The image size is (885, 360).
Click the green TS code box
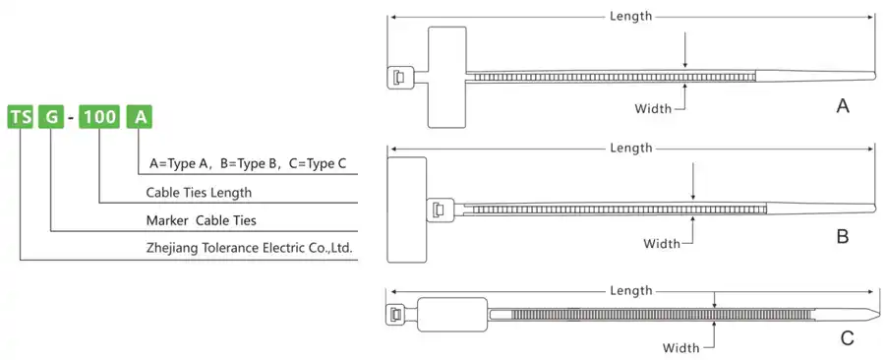click(x=20, y=118)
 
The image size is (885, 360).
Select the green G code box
click(x=51, y=118)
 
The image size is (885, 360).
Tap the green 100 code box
click(x=99, y=118)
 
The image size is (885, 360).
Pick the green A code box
click(x=143, y=118)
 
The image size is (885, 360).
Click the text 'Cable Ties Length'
click(x=199, y=192)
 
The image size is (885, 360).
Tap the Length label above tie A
click(x=630, y=16)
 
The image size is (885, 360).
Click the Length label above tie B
click(x=631, y=148)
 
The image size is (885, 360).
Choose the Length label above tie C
click(x=630, y=290)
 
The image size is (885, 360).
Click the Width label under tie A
click(x=652, y=107)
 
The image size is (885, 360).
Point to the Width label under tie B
click(x=662, y=242)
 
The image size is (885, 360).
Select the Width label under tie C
click(x=680, y=347)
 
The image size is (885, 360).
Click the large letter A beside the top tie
click(x=843, y=106)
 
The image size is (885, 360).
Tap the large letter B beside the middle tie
click(x=843, y=237)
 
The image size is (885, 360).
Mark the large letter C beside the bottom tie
click(x=847, y=339)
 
